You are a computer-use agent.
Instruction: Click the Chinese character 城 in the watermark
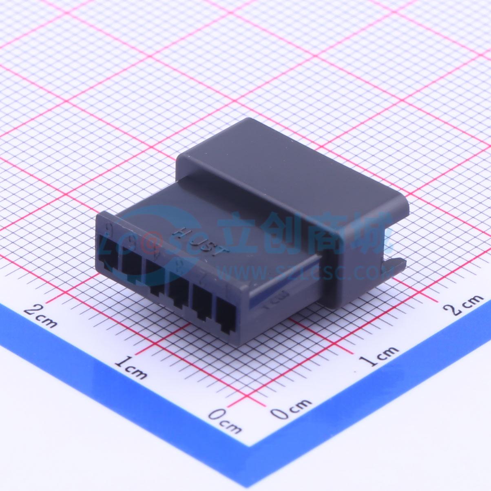coord(373,237)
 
